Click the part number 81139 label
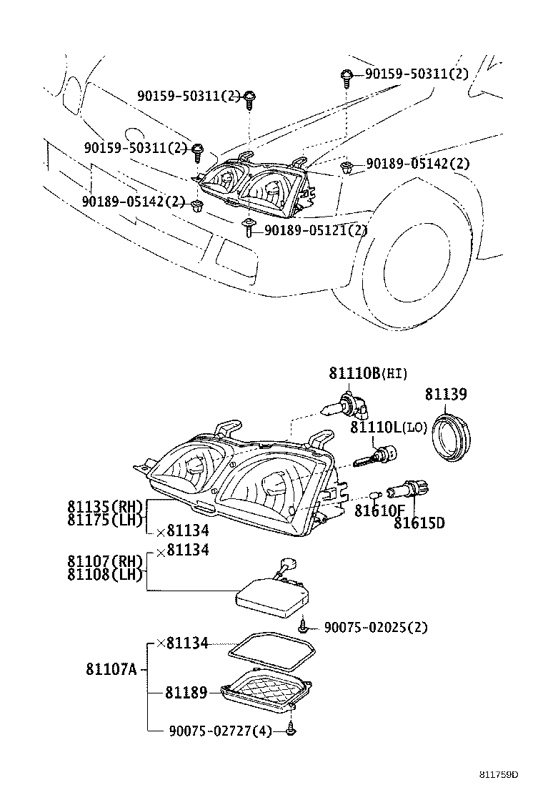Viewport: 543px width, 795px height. pyautogui.click(x=446, y=394)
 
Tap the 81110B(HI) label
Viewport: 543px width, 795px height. pyautogui.click(x=367, y=373)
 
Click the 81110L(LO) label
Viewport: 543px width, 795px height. pyautogui.click(x=388, y=428)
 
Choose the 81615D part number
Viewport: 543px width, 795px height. pyautogui.click(x=419, y=523)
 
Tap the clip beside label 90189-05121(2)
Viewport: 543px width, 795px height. pyautogui.click(x=248, y=229)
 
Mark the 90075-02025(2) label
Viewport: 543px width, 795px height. pyautogui.click(x=375, y=628)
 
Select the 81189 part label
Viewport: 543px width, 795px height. pyautogui.click(x=186, y=692)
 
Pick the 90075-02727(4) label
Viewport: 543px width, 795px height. pyautogui.click(x=221, y=731)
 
